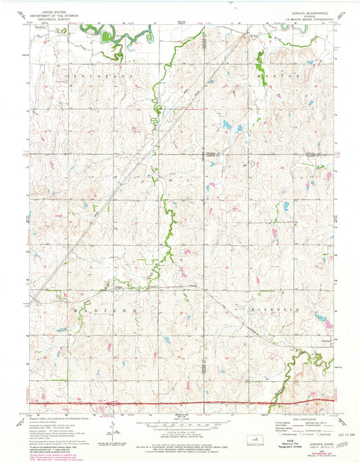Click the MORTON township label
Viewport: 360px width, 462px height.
pyautogui.click(x=280, y=76)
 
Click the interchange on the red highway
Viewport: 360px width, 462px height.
pyautogui.click(x=112, y=404)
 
